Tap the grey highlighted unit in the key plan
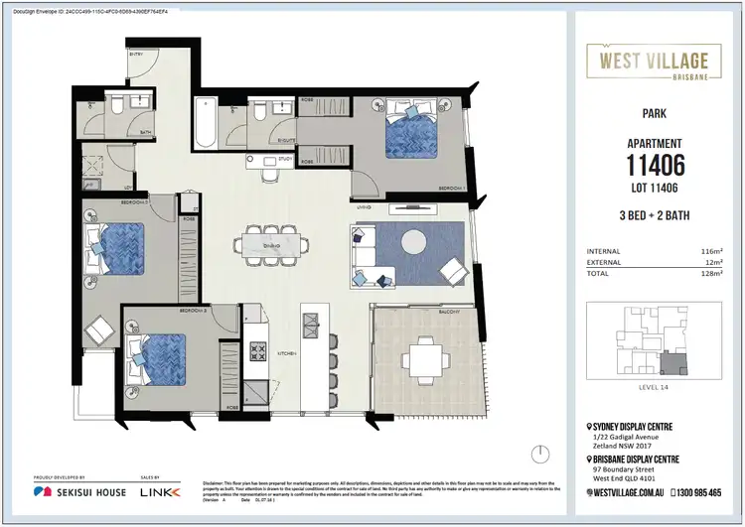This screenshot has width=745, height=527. (x=675, y=366)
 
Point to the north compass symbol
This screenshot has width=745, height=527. (x=539, y=454)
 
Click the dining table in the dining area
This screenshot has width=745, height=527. (x=266, y=243)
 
